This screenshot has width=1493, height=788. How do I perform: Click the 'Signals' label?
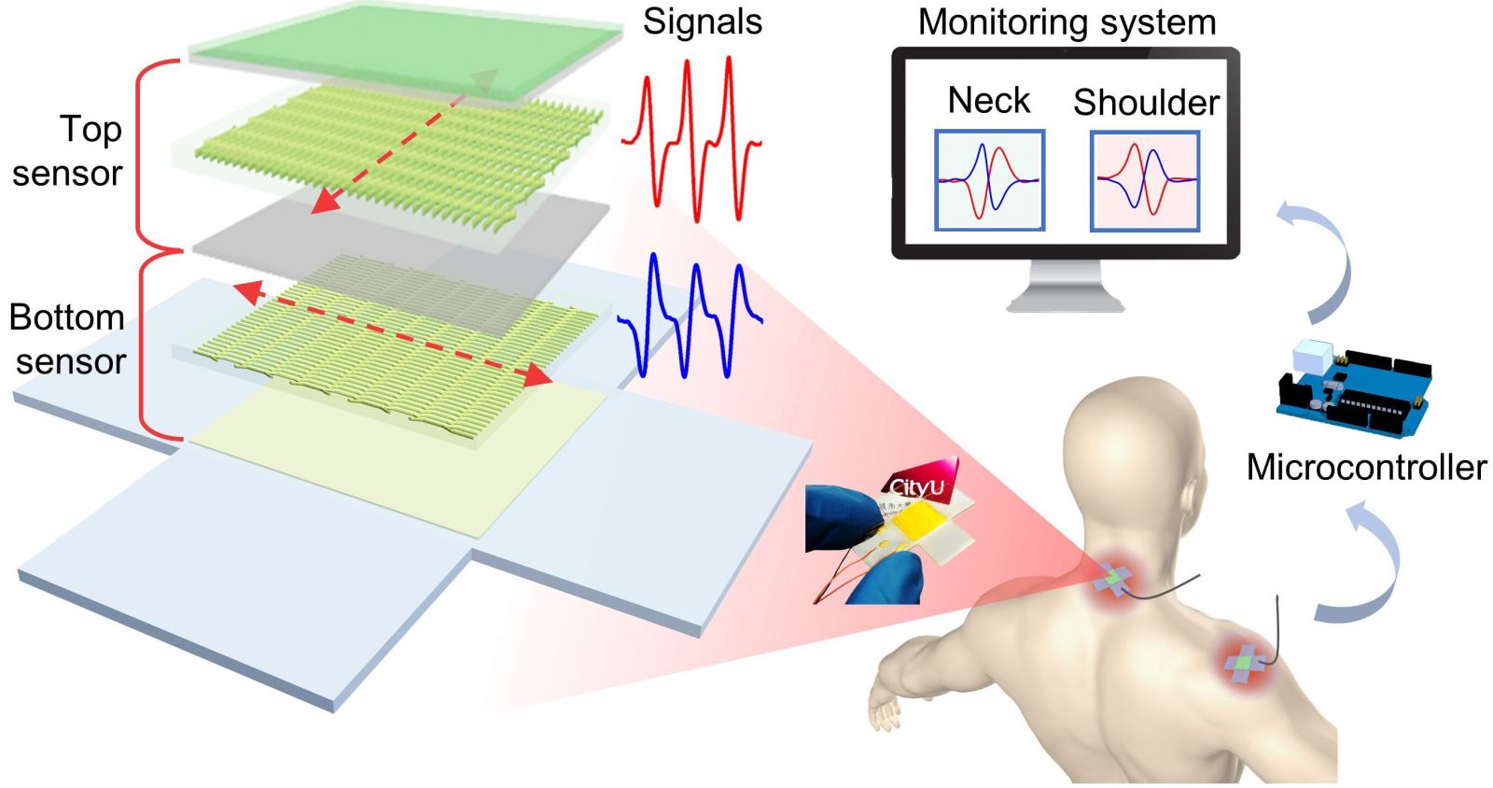pyautogui.click(x=702, y=22)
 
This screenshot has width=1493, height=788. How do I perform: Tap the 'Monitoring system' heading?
pyautogui.click(x=1067, y=22)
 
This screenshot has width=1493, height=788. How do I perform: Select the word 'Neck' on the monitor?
pyautogui.click(x=988, y=101)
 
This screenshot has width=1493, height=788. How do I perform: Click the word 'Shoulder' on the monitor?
pyautogui.click(x=1146, y=103)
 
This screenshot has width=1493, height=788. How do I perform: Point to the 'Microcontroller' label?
pyautogui.click(x=1366, y=467)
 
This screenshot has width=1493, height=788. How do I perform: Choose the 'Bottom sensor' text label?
pyautogui.click(x=68, y=339)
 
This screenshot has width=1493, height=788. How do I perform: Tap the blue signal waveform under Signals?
pyautogui.click(x=691, y=313)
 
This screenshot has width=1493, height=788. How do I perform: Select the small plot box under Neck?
pyautogui.click(x=989, y=180)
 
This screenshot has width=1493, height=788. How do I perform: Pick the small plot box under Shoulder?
pyautogui.click(x=1145, y=180)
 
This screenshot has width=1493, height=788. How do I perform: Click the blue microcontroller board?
pyautogui.click(x=1353, y=387)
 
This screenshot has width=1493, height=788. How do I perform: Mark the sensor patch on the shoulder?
pyautogui.click(x=1245, y=663)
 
